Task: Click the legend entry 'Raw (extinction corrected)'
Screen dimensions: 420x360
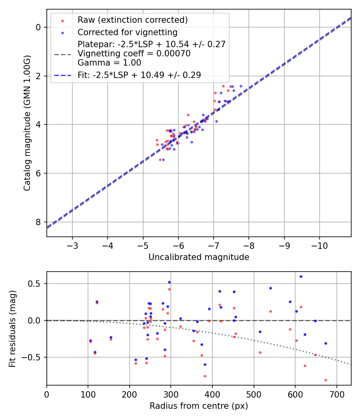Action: click(132, 20)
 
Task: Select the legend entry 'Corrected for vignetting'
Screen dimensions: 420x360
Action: click(127, 32)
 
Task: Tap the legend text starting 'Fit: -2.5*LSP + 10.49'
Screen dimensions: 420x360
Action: click(139, 75)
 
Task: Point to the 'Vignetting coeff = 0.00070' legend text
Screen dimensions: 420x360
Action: click(134, 54)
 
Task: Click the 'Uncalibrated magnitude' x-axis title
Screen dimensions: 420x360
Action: click(199, 257)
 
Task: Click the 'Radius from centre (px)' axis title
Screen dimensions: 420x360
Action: click(199, 406)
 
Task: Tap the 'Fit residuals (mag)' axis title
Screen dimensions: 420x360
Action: click(12, 328)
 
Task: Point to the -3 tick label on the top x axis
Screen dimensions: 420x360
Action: click(72, 245)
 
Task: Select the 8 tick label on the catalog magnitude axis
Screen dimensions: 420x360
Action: click(39, 222)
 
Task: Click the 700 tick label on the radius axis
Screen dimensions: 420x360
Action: click(336, 394)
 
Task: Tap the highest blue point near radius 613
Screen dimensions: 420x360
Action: click(301, 276)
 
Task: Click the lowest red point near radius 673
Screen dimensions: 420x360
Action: click(326, 380)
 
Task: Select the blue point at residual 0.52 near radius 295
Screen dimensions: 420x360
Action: click(169, 282)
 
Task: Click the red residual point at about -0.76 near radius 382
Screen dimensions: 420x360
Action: click(205, 376)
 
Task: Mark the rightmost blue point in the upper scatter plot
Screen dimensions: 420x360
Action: click(241, 86)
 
